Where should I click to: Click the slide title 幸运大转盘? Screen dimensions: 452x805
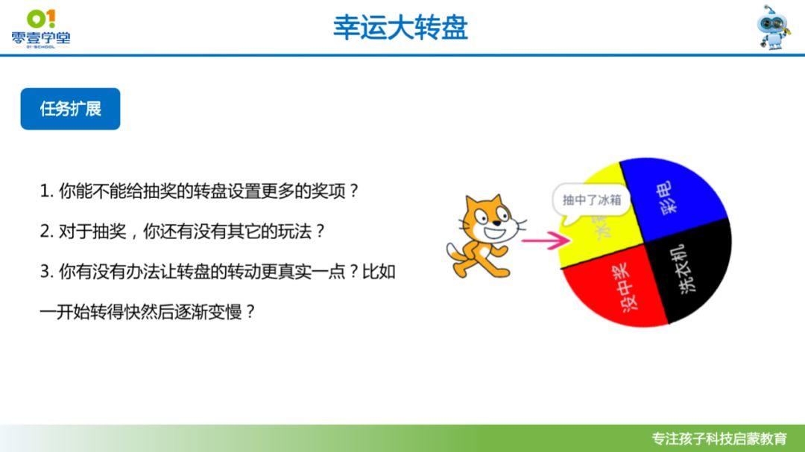(400, 28)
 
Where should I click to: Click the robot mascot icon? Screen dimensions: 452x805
(774, 28)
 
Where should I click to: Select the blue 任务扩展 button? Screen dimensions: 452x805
(70, 109)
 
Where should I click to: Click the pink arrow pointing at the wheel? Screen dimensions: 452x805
(543, 240)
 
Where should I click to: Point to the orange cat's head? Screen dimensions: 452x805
(485, 219)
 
